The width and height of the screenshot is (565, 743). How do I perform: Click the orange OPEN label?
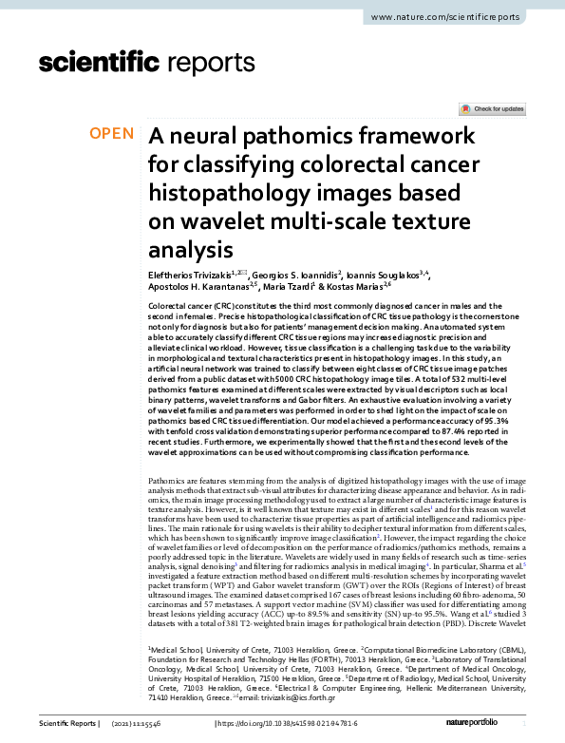point(112,134)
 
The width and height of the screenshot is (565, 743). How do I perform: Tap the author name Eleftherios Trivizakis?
point(189,276)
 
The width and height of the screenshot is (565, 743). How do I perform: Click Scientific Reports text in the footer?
point(67,725)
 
